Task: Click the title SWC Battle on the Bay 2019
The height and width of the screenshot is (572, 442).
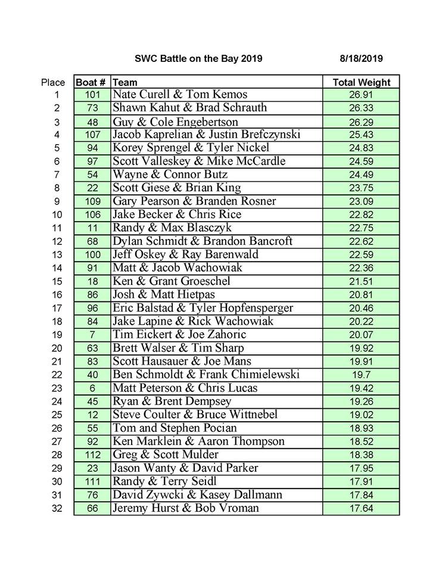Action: [x=198, y=58]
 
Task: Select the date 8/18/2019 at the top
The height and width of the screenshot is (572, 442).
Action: [x=361, y=58]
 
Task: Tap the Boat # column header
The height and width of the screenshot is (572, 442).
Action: [x=92, y=82]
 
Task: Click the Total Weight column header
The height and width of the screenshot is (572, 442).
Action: [x=361, y=82]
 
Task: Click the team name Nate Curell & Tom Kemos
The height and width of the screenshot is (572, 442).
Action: [x=180, y=95]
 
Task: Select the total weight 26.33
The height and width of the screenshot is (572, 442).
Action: [x=361, y=108]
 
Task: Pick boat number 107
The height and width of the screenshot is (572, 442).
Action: [x=92, y=135]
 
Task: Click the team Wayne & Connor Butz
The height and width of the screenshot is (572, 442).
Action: [x=170, y=175]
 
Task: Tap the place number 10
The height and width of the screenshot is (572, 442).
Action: [x=57, y=214]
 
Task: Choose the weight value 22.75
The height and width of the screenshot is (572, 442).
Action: [x=361, y=228]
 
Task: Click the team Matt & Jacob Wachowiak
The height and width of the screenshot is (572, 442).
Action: [x=178, y=268]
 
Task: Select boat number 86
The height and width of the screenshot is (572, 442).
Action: [x=92, y=294]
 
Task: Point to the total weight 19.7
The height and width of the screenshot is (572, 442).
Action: [x=361, y=375]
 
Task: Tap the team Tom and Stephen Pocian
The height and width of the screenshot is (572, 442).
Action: [x=175, y=428]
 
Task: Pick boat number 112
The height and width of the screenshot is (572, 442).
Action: [x=92, y=455]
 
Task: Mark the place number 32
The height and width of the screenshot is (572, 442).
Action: [x=57, y=508]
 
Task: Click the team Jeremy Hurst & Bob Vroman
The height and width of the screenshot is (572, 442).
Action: [x=186, y=508]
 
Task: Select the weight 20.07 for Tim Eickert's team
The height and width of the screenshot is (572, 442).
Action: [x=361, y=335]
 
